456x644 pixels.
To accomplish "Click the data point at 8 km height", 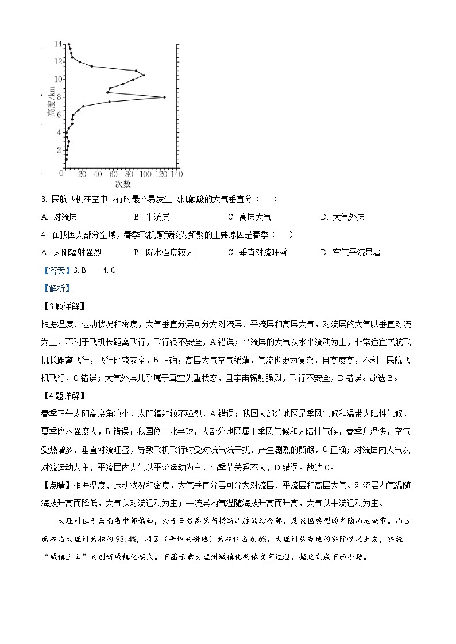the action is [165, 97].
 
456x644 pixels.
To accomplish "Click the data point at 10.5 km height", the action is [144, 75].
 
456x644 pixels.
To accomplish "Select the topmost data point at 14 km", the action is [69, 44].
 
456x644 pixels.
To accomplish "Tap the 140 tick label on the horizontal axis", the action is [176, 174].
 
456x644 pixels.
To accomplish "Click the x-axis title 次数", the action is [123, 184].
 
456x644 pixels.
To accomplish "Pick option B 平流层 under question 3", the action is [152, 217].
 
